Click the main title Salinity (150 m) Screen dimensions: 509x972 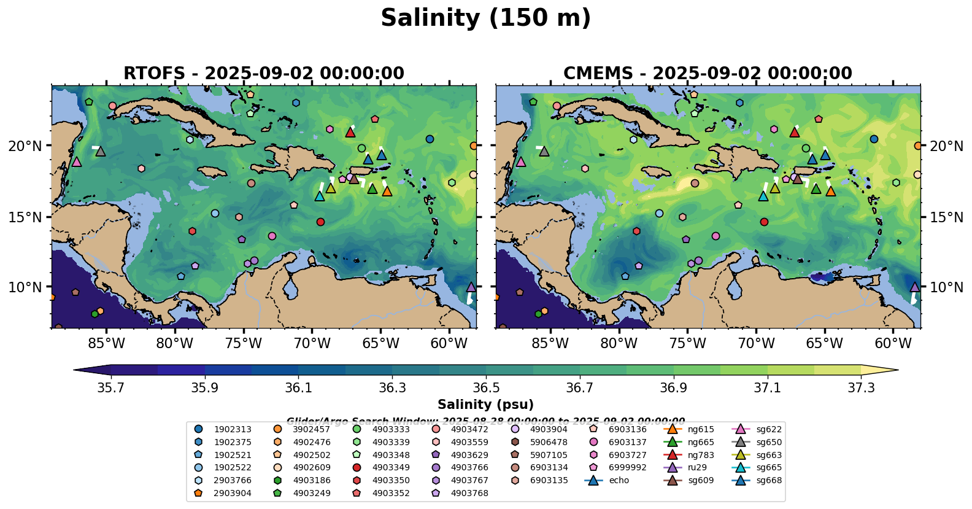pyautogui.click(x=485, y=18)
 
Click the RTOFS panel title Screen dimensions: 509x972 pyautogui.click(x=264, y=74)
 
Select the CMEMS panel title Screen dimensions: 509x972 pyautogui.click(x=708, y=74)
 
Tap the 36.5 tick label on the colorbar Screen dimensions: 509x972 pyautogui.click(x=486, y=388)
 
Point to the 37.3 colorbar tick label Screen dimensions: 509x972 pyautogui.click(x=861, y=388)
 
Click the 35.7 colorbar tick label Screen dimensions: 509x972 pyautogui.click(x=111, y=388)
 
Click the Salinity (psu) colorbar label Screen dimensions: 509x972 pyautogui.click(x=485, y=405)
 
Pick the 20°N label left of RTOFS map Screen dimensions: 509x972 pyautogui.click(x=25, y=146)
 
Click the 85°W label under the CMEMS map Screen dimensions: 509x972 pyautogui.click(x=550, y=343)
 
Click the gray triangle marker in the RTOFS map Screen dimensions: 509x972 pyautogui.click(x=101, y=151)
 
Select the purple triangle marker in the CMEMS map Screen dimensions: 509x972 pyautogui.click(x=915, y=287)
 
